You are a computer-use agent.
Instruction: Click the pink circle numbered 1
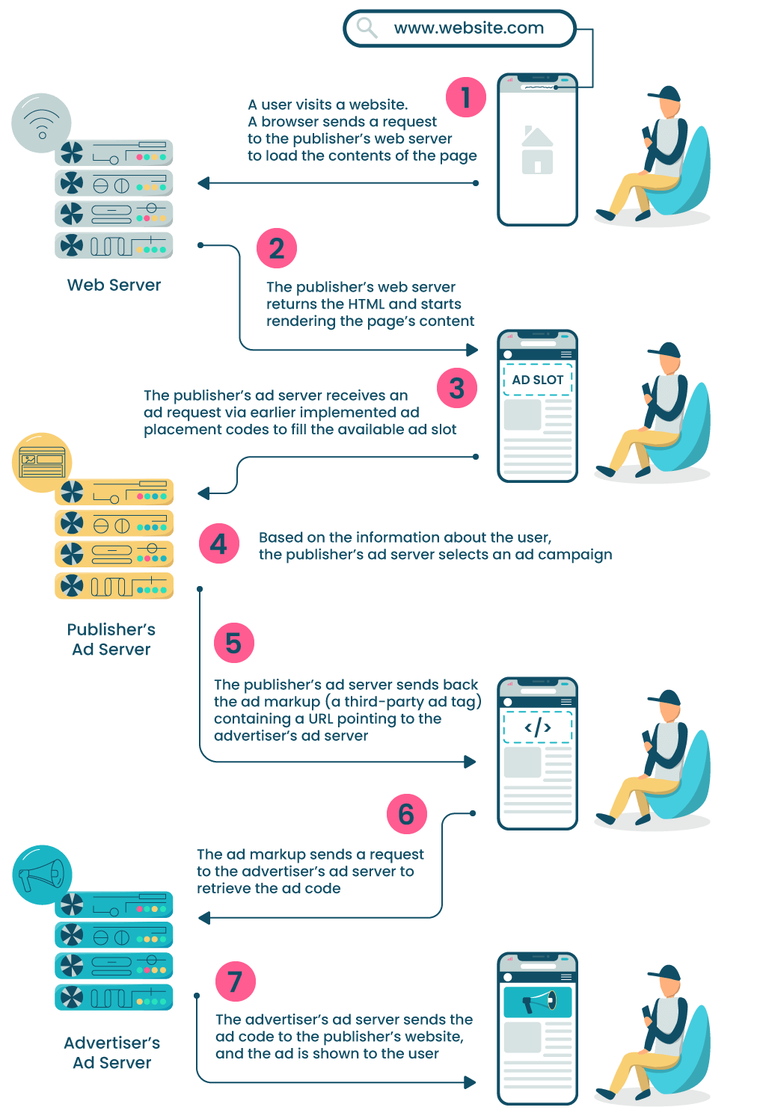click(466, 97)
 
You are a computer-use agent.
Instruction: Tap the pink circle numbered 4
click(219, 543)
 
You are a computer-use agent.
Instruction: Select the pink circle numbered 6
click(406, 814)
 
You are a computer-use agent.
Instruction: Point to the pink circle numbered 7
click(235, 981)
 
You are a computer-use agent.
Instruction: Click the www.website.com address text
click(468, 28)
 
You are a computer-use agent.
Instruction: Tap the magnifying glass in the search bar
click(367, 28)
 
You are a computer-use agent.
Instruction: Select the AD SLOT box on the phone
click(537, 380)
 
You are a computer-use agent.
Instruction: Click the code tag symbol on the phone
click(537, 727)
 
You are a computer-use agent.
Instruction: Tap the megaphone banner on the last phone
click(537, 1002)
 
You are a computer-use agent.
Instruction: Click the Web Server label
click(114, 285)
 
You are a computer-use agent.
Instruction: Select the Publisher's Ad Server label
click(111, 639)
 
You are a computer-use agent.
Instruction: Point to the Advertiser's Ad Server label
click(112, 1052)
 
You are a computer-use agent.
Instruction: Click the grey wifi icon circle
click(41, 122)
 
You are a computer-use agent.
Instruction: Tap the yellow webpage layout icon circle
click(41, 462)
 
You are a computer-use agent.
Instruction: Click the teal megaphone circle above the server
click(42, 874)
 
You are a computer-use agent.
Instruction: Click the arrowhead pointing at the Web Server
click(203, 183)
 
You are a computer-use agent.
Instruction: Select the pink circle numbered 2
click(277, 248)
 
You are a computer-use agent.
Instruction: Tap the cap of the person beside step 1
click(665, 94)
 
